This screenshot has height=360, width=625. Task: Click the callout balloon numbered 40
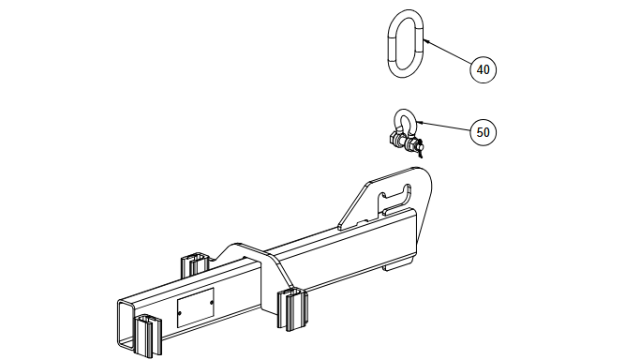(484, 69)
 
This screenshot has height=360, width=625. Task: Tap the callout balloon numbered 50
(484, 132)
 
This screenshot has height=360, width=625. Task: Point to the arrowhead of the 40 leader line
(425, 40)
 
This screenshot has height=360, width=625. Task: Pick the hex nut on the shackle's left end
(393, 140)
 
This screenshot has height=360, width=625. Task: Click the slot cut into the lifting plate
(395, 195)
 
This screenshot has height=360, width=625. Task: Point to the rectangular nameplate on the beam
(195, 307)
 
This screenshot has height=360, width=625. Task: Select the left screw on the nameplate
(180, 313)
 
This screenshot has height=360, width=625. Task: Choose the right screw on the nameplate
(211, 303)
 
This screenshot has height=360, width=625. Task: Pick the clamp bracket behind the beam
(194, 264)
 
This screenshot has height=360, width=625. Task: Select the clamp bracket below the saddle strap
(292, 310)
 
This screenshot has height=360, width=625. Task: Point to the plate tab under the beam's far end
(397, 265)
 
